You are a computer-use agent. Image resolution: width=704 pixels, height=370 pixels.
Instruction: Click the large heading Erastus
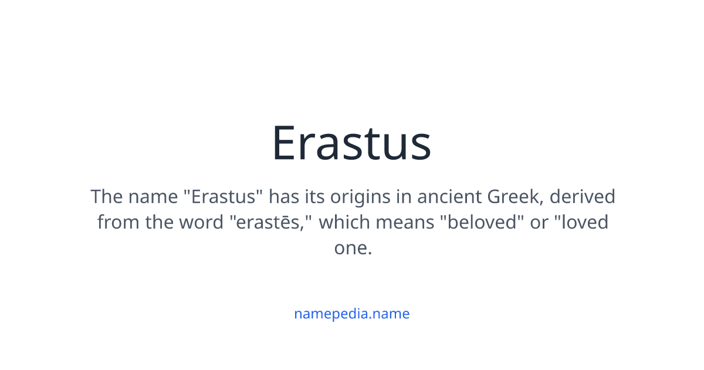(351, 143)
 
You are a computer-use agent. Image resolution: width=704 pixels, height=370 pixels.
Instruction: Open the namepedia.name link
(351, 314)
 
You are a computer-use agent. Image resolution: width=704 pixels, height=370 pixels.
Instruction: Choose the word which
(343, 223)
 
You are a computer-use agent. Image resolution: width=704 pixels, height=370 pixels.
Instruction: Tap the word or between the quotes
(539, 223)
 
